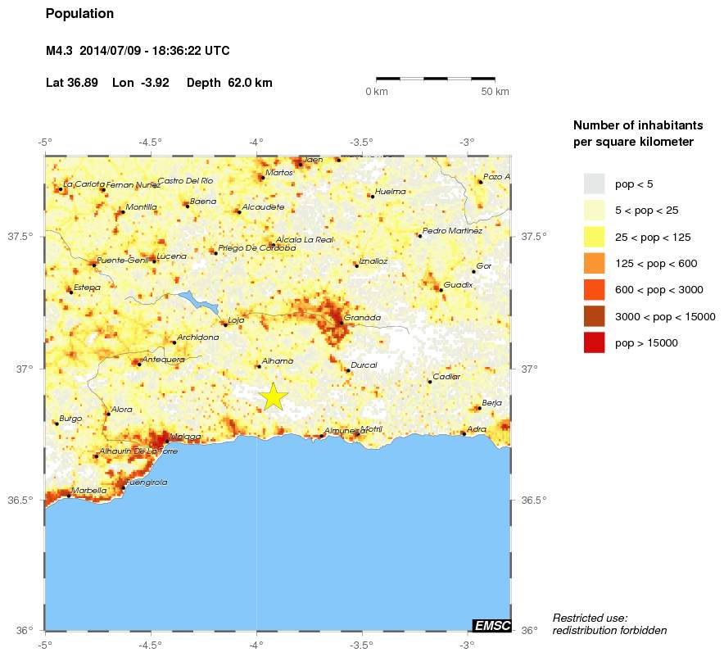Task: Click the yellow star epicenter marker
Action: tap(274, 396)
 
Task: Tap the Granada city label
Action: tap(362, 318)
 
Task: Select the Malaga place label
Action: tap(185, 437)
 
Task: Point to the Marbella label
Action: tap(89, 491)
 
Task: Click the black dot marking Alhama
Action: tap(259, 366)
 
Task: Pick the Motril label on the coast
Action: tap(371, 429)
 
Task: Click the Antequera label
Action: tap(163, 360)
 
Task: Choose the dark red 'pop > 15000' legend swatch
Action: tap(594, 343)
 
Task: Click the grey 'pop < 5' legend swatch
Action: tap(594, 184)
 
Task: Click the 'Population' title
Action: tap(79, 14)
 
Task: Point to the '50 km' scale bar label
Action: tap(495, 92)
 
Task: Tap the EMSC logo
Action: tap(492, 626)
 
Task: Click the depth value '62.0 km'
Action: tap(250, 83)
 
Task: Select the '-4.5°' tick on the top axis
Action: tap(150, 143)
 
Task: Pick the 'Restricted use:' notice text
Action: tap(590, 618)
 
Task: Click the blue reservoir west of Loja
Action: tap(199, 301)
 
